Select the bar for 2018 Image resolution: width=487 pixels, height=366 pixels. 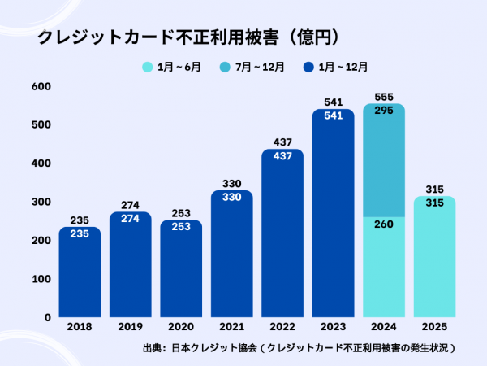pos(80,272)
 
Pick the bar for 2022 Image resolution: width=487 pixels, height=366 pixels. pos(282,236)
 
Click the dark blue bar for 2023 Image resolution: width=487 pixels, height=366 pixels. pos(333,216)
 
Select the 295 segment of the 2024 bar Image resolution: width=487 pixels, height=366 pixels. pos(383,163)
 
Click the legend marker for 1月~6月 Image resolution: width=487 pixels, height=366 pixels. pos(148,67)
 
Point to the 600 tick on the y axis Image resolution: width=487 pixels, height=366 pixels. pos(41,86)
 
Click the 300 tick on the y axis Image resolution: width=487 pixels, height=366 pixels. pos(41,202)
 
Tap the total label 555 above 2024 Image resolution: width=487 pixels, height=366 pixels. pos(383,96)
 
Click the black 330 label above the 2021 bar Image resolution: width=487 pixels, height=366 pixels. pos(231,183)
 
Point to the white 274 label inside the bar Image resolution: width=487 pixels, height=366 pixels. pos(131,219)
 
